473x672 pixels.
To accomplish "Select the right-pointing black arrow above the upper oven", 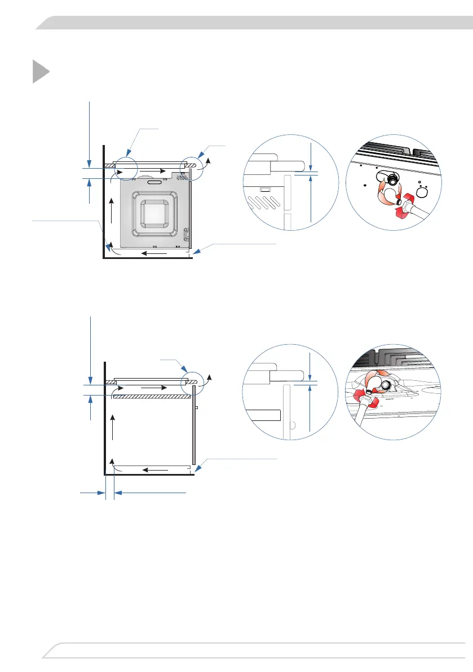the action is pos(153,170).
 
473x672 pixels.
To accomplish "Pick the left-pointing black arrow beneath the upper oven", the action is pos(153,253).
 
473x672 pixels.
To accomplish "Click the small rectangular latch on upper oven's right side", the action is pos(185,232).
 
